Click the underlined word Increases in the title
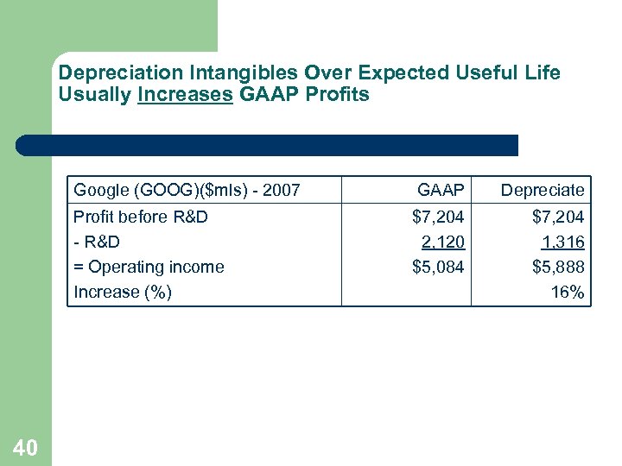pos(185,95)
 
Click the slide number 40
pos(25,447)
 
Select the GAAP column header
pos(441,190)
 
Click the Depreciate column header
pos(543,190)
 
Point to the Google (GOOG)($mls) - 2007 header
pos(187,190)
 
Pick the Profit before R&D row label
pos(141,217)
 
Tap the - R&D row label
pos(97,242)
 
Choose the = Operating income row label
pos(149,267)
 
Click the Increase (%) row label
pos(123,292)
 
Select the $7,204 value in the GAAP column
pos(438,217)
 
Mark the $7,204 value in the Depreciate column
pos(558,217)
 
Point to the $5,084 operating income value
pos(438,267)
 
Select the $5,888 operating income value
pos(558,267)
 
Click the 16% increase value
pos(568,292)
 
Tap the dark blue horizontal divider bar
pos(267,145)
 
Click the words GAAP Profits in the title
pos(303,95)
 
